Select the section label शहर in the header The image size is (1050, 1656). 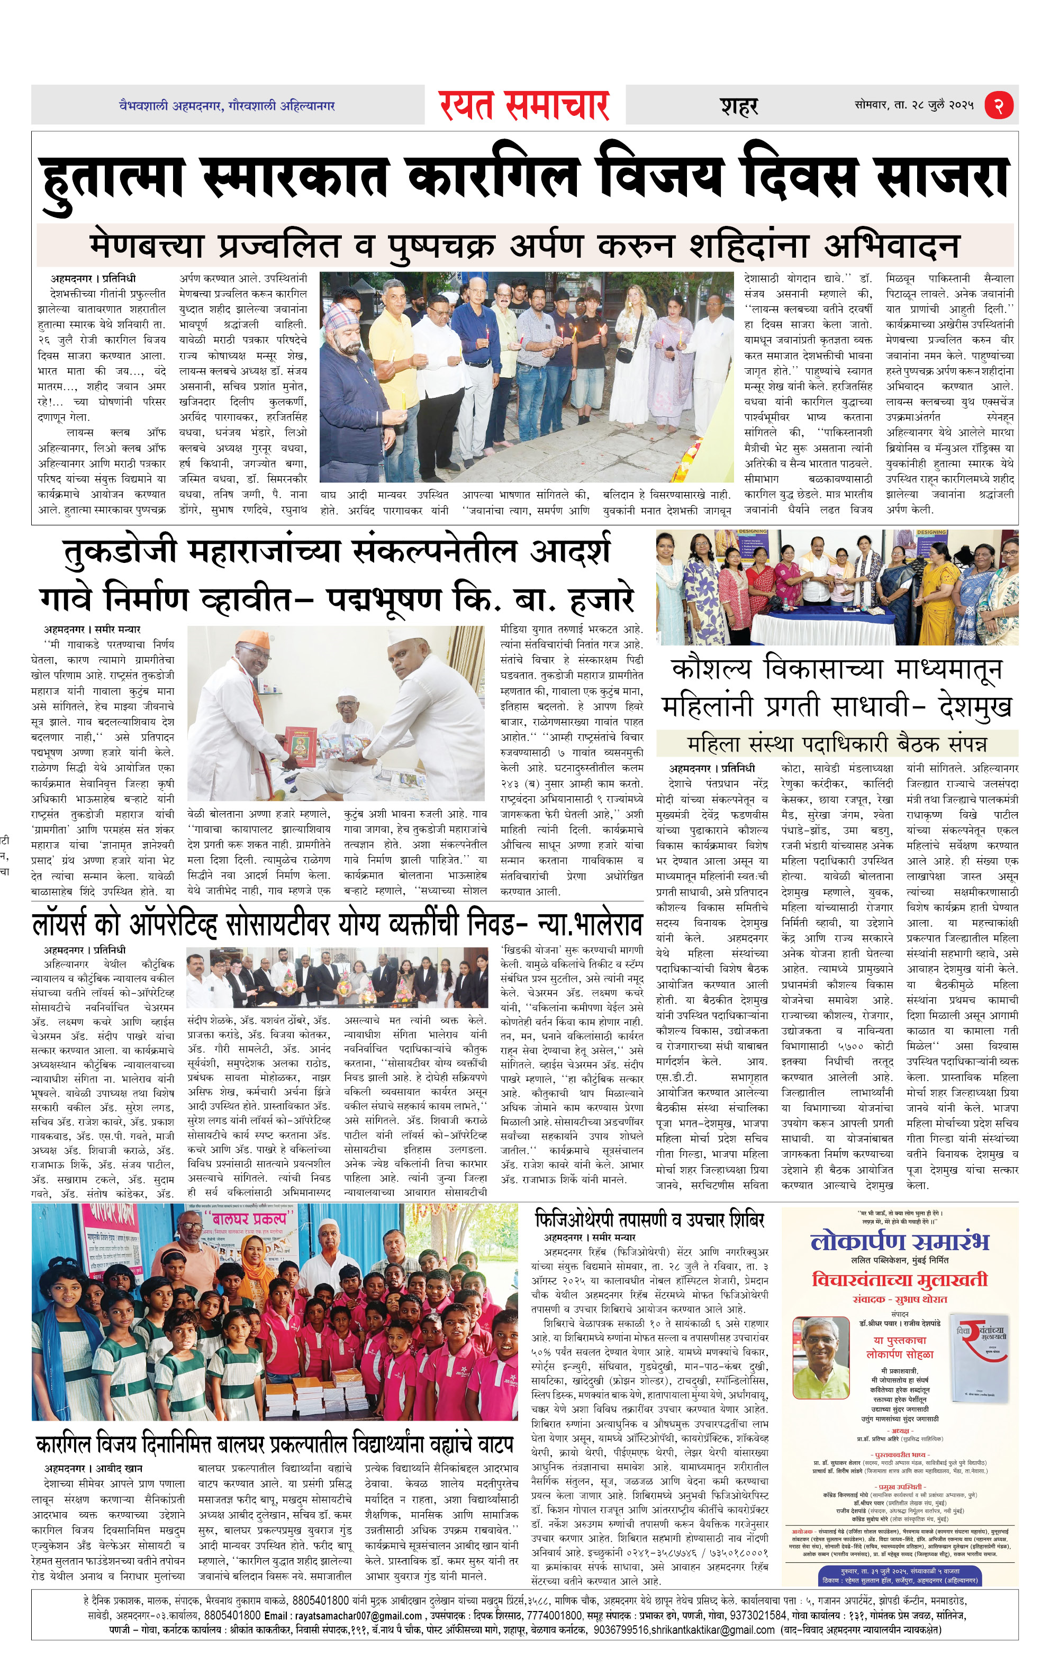[x=739, y=106]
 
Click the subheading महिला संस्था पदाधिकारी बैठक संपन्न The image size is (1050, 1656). [x=836, y=743]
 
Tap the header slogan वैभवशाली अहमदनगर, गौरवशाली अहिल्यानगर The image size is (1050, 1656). [x=227, y=106]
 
